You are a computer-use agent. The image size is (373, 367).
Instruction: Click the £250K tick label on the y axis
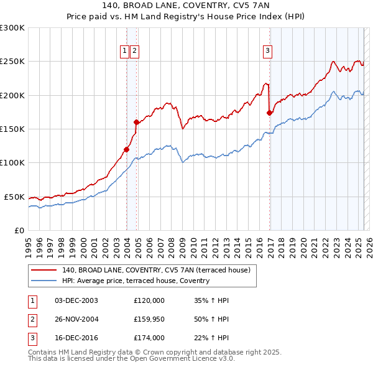coord(12,62)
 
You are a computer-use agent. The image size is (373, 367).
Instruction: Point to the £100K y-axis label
coord(12,163)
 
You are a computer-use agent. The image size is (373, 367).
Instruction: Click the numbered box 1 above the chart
coord(125,51)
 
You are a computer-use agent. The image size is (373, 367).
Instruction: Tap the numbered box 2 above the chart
coord(134,51)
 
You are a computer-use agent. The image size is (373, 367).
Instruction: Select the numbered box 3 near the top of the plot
coord(267,51)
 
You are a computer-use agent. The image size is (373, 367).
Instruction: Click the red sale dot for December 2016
coord(269,113)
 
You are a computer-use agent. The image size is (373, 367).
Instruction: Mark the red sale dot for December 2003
coord(126,149)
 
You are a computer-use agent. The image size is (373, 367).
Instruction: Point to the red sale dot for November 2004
coord(136,123)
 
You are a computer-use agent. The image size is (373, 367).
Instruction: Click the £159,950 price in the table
coord(149,319)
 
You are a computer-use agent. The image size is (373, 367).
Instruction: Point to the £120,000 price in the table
coord(149,300)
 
